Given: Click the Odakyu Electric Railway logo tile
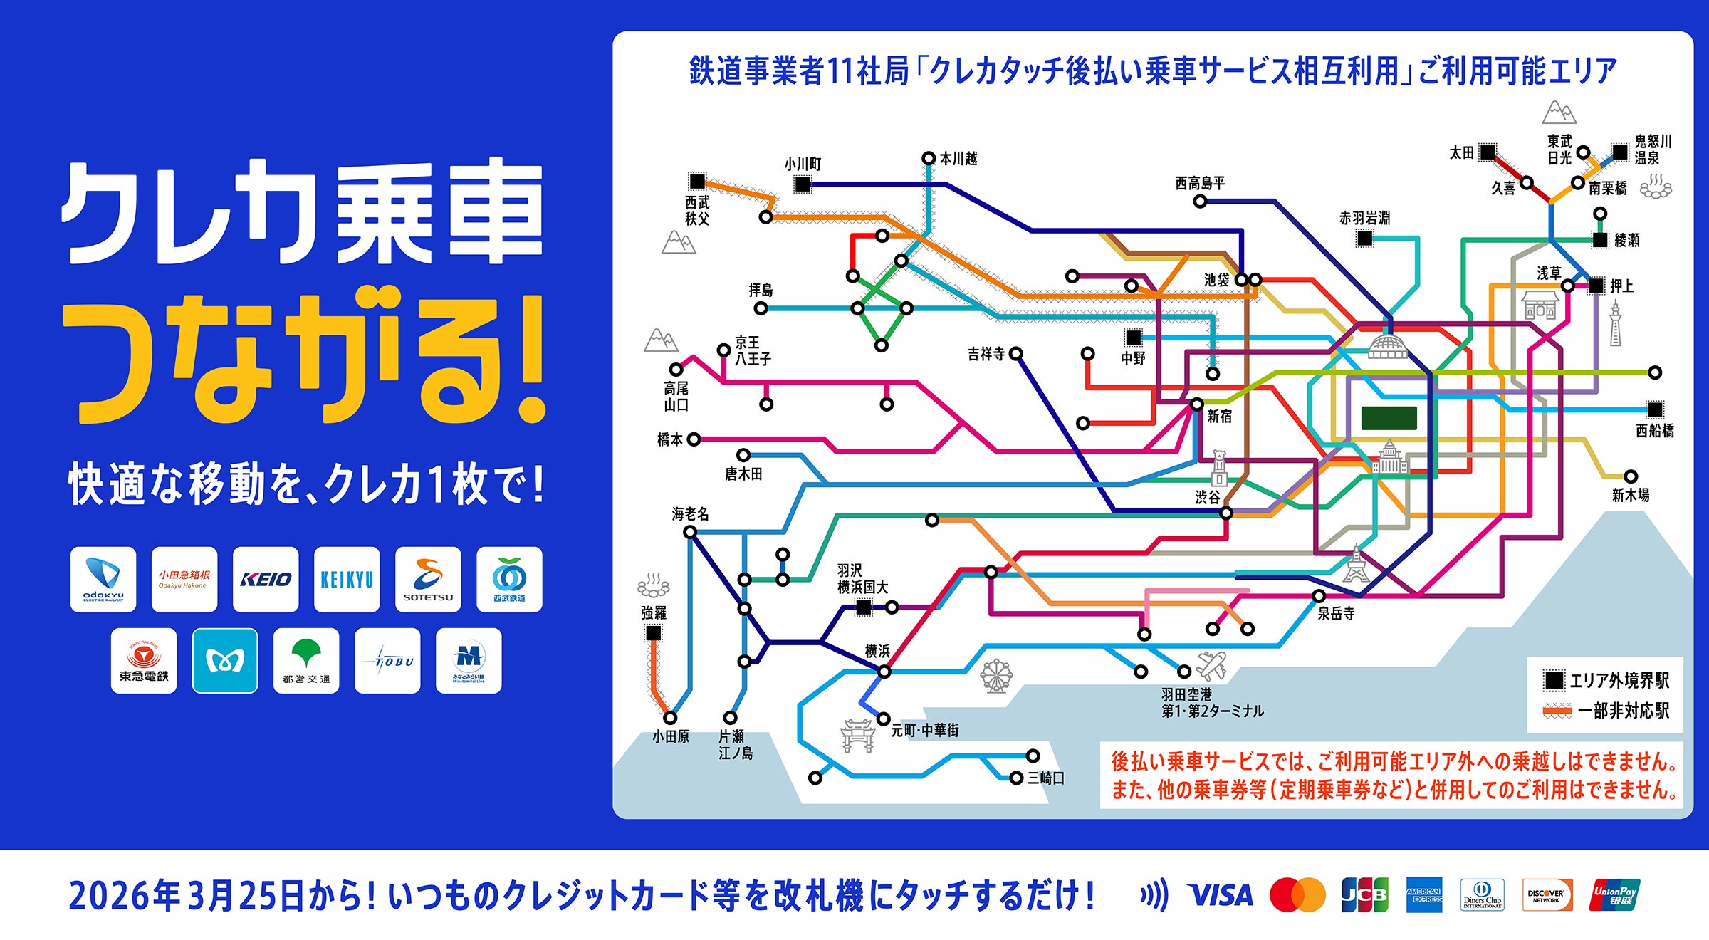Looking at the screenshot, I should tap(103, 580).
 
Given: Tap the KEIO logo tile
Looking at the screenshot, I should tap(266, 580).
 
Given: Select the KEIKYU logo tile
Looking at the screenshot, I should tap(347, 580).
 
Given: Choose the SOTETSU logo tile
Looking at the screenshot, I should tap(428, 580).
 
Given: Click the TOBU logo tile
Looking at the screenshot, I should tap(387, 661).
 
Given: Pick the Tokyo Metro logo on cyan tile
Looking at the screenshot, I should tap(225, 661).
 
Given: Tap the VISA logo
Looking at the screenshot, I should tap(1221, 895).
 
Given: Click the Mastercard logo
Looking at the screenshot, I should tap(1297, 895).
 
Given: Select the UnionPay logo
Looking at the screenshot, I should tap(1614, 895).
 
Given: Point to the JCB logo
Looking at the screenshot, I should tap(1364, 895).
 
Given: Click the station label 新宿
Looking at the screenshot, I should tap(1219, 417).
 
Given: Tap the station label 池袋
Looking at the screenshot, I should tap(1216, 281).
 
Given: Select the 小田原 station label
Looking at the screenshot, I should tap(671, 737).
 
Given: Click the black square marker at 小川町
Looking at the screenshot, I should tap(803, 184).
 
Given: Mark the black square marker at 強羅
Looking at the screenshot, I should tap(653, 632).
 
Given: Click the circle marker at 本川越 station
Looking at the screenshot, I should tap(929, 158).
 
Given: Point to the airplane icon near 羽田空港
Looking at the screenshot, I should tap(1211, 666).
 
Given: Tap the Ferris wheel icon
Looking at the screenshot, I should tap(996, 676).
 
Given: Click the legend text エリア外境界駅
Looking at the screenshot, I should tap(1619, 681).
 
